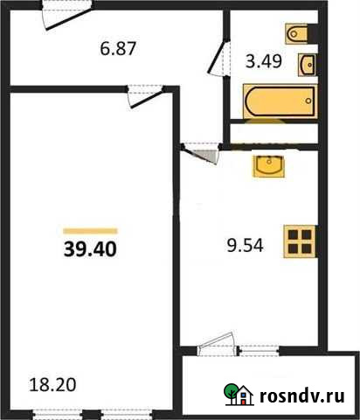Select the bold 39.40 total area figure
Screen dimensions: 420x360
tap(90, 248)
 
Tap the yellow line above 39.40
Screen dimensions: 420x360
tap(90, 230)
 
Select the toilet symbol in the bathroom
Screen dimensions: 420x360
tap(294, 34)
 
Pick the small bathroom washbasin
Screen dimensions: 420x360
tap(308, 64)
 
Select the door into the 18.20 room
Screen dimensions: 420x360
tap(143, 94)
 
